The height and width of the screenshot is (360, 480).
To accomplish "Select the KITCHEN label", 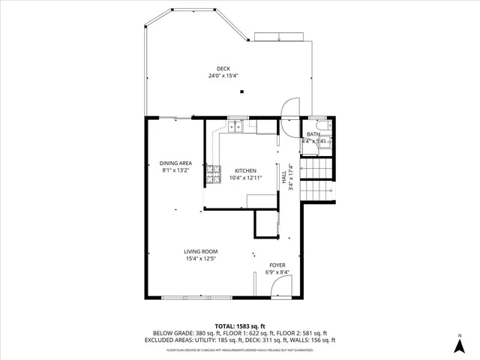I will [245, 170].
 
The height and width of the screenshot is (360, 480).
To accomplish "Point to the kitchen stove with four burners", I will [213, 173].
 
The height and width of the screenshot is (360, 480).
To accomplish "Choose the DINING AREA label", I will [176, 163].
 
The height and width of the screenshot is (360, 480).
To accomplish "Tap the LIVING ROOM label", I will [201, 252].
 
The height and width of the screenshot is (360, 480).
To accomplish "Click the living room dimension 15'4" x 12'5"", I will [201, 259].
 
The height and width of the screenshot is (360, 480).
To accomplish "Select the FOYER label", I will [277, 265].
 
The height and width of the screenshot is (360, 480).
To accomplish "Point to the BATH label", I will [312, 134].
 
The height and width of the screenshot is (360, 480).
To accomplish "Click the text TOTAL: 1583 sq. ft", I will [240, 326].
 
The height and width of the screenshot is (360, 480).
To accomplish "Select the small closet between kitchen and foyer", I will [265, 223].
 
